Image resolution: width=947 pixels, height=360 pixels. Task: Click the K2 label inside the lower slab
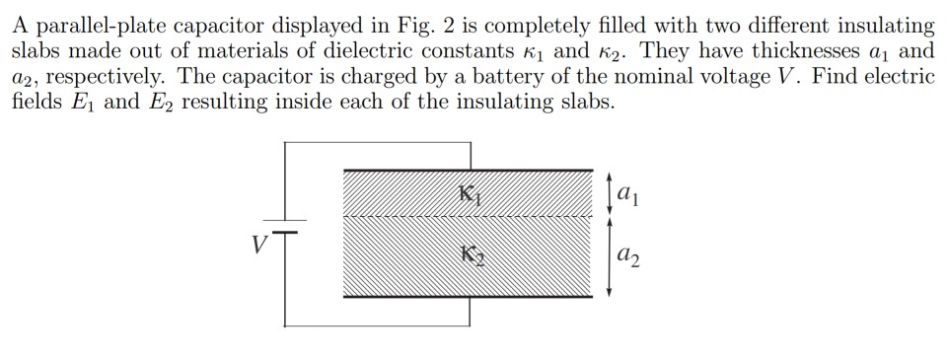tap(472, 257)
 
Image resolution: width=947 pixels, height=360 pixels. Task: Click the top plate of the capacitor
tap(471, 172)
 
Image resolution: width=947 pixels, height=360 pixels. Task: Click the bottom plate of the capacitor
tap(471, 296)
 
